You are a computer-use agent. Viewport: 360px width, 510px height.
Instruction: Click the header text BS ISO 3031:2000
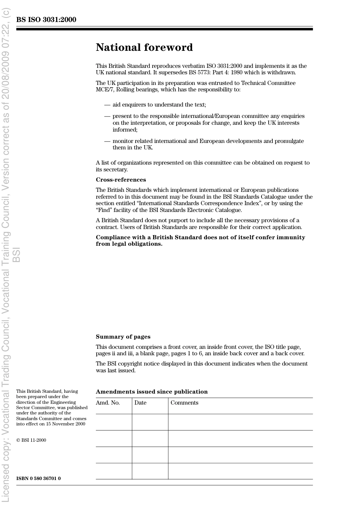[x=46, y=20]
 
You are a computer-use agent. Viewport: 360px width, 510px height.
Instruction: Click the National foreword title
[x=144, y=47]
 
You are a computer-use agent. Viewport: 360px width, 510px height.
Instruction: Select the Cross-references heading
[x=121, y=180]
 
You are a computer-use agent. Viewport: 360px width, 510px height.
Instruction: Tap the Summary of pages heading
[x=123, y=337]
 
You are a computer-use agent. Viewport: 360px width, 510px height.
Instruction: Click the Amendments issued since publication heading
[x=152, y=392]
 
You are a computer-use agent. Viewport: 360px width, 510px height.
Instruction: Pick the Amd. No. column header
[x=108, y=403]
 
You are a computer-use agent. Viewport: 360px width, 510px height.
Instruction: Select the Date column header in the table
[x=140, y=403]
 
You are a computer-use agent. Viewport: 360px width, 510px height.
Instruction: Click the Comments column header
[x=184, y=403]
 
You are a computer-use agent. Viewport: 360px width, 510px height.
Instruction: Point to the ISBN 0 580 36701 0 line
[x=38, y=479]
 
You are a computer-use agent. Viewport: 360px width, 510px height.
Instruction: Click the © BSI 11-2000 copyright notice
[x=31, y=440]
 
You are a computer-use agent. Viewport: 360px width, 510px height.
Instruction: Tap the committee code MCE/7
[x=105, y=90]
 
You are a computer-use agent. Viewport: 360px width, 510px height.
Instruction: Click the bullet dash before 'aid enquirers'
[x=107, y=105]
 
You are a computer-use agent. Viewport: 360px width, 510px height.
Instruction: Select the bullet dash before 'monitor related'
[x=107, y=141]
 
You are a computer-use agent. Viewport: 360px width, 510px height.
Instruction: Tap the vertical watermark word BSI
[x=16, y=255]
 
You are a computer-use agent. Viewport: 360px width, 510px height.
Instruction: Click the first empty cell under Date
[x=150, y=422]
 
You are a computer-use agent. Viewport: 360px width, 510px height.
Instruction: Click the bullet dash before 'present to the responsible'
[x=107, y=116]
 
